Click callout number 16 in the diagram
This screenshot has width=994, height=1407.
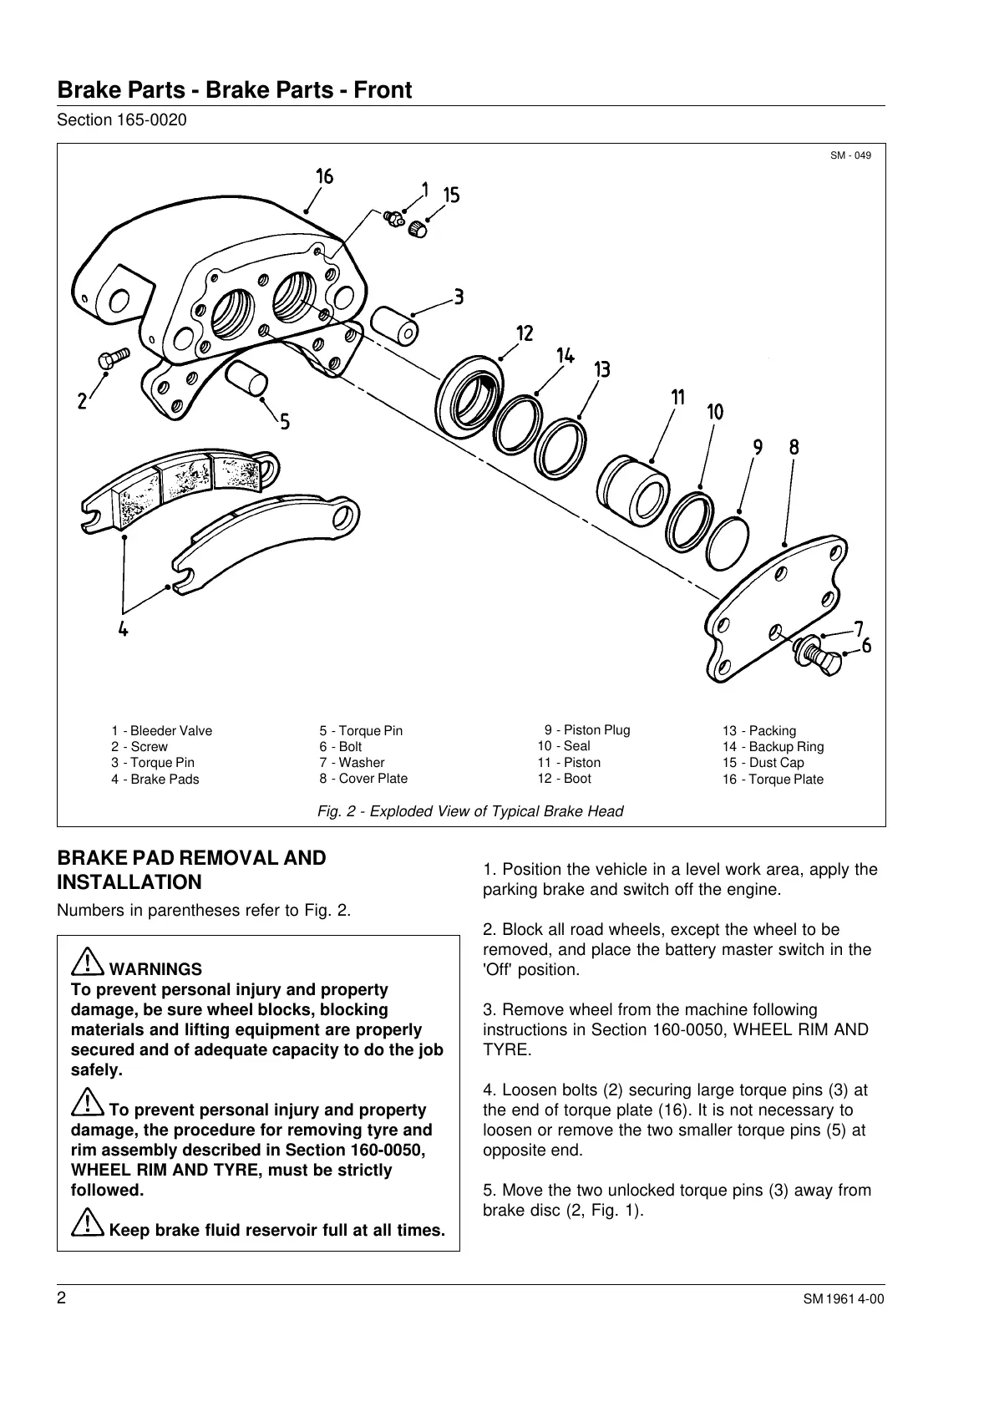pos(324,176)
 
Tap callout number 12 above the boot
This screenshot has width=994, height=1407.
pos(525,333)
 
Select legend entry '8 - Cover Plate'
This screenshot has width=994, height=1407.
pos(363,779)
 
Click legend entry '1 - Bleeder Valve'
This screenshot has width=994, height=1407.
pos(161,731)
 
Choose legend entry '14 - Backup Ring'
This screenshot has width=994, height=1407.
pos(773,747)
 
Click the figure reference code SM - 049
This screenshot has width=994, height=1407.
pos(850,155)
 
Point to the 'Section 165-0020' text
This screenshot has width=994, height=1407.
pos(121,120)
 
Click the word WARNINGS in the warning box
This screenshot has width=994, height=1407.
pos(155,969)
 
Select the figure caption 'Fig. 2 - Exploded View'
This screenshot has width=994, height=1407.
pos(470,811)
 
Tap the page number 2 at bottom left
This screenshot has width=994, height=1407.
pos(62,1299)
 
